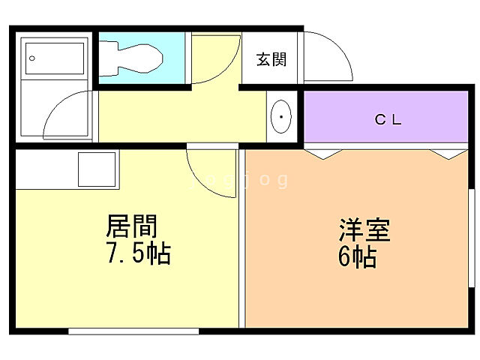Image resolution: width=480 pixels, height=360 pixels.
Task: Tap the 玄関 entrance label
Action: tap(271, 60)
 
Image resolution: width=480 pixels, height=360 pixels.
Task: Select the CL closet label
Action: tap(389, 119)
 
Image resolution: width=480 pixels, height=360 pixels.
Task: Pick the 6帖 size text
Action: tap(357, 257)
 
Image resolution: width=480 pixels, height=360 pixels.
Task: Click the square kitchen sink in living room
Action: tap(97, 169)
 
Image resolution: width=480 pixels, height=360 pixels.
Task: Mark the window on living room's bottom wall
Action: tap(133, 330)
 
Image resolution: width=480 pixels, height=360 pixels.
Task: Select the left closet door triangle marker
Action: tap(317, 153)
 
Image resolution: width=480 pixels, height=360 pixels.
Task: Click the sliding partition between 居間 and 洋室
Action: tap(241, 240)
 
